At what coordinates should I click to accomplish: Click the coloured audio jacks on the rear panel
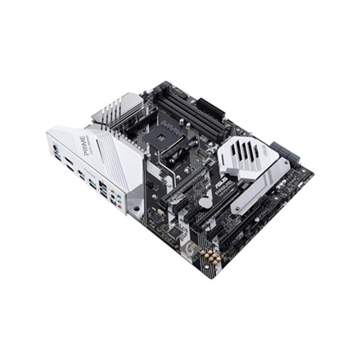click(119, 200)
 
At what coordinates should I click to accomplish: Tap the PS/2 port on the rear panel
click(56, 152)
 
